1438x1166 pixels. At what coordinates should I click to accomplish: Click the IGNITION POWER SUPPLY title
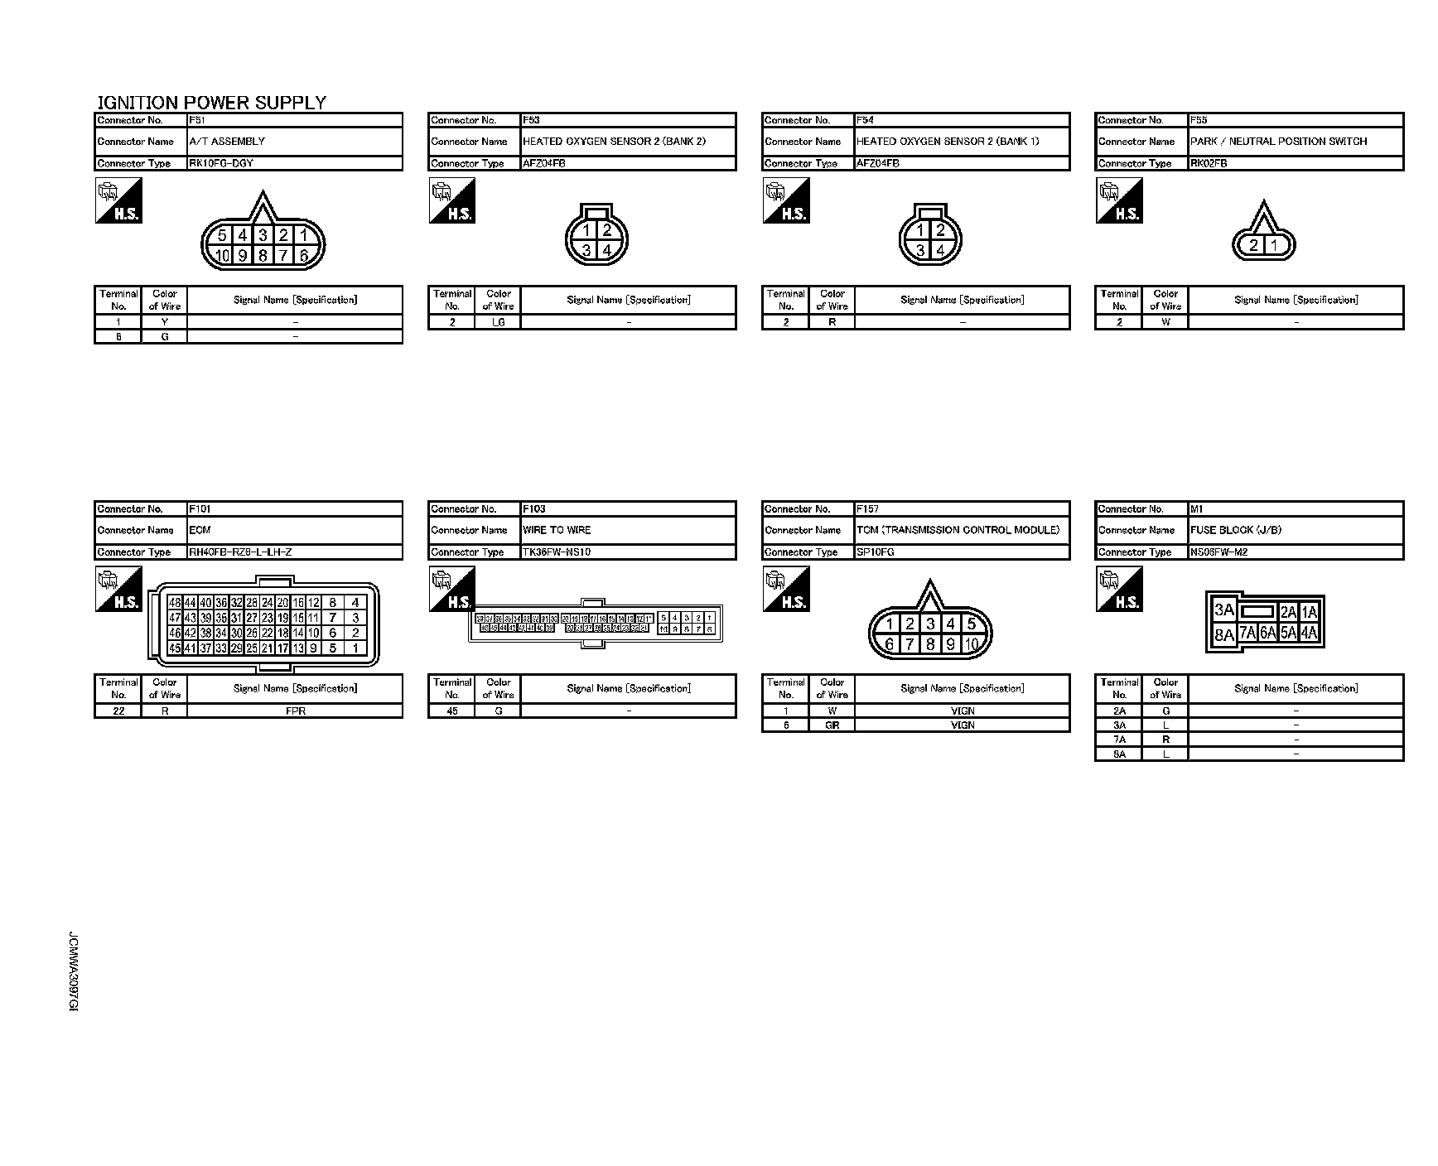(212, 103)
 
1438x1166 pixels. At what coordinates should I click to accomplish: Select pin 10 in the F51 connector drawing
(223, 256)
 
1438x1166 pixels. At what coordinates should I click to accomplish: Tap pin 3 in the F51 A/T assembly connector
(263, 236)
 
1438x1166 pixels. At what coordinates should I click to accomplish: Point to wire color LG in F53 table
(499, 322)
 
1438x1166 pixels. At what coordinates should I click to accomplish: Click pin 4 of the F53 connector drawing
(607, 250)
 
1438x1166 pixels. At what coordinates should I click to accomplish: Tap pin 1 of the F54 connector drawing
(920, 231)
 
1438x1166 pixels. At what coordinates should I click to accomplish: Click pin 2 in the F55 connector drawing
(1254, 245)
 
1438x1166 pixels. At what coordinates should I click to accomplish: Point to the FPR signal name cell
(295, 711)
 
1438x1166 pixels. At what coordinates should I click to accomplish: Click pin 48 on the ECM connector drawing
(175, 604)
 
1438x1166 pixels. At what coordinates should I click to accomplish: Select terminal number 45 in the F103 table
(452, 711)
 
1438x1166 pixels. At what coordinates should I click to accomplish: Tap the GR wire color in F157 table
(832, 725)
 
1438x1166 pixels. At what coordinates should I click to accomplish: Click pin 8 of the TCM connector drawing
(930, 643)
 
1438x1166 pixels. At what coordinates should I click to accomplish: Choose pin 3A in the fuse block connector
(1223, 611)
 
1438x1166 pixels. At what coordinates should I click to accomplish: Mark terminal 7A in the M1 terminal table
(1119, 740)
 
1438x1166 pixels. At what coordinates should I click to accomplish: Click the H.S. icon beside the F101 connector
(119, 590)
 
